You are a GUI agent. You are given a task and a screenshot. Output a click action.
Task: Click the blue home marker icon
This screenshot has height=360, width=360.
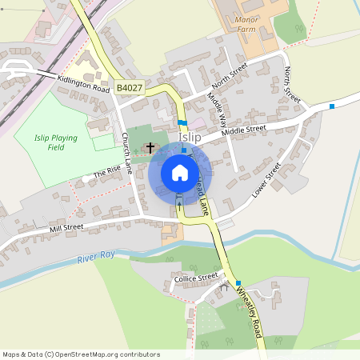(x=179, y=173)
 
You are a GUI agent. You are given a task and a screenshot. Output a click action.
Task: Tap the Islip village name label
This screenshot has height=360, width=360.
(x=190, y=137)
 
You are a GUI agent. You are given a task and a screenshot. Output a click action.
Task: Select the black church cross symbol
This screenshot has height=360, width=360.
(x=150, y=148)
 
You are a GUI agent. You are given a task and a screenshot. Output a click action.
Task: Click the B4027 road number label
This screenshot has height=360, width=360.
(x=128, y=87)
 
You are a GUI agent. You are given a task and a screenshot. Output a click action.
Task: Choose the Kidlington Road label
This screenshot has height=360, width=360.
(x=83, y=83)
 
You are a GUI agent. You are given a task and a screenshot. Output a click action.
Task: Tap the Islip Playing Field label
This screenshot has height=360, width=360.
(x=56, y=142)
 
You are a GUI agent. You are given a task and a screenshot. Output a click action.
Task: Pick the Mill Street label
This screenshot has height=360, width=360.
(x=66, y=228)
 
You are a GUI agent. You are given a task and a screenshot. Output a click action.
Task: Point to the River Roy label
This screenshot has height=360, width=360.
(x=96, y=258)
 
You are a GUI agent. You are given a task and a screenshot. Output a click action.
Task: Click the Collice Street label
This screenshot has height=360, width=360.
(x=196, y=278)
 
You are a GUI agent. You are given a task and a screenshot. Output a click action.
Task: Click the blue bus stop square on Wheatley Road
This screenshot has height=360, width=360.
(x=238, y=283)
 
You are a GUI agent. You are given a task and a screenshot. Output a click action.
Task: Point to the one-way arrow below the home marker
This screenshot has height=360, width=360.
(x=179, y=206)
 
